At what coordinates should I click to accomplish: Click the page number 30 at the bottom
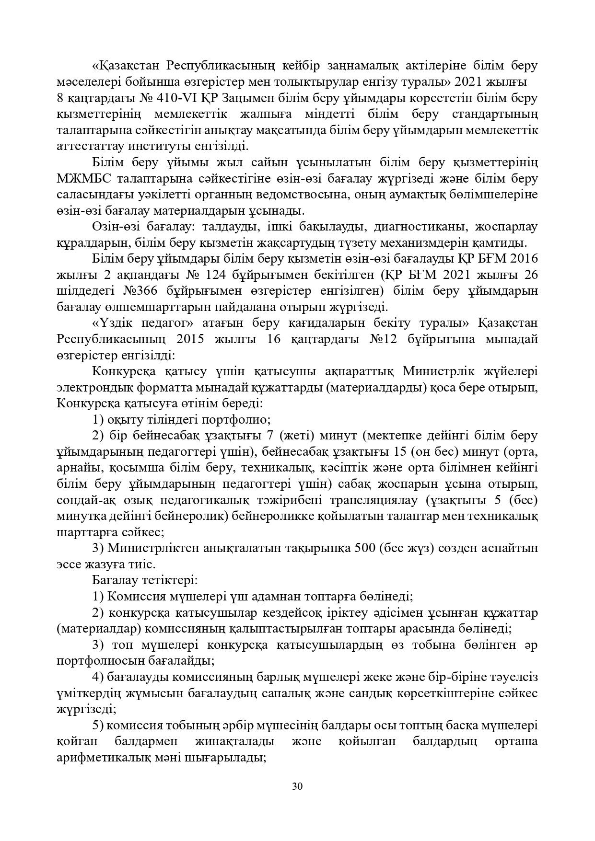pos(297,786)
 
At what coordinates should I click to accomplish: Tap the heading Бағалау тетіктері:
pos(145,580)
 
